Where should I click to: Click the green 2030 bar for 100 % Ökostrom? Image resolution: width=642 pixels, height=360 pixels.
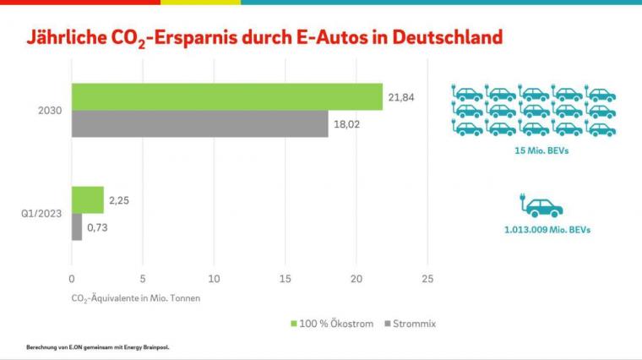click(226, 97)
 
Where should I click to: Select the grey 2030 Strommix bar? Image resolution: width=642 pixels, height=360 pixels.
click(199, 124)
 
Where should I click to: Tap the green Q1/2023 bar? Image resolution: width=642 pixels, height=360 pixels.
click(88, 200)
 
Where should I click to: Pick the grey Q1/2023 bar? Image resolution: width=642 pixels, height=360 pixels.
click(77, 226)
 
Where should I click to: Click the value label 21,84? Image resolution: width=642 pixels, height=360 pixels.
click(401, 98)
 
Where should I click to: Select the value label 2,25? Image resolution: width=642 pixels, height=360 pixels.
click(119, 200)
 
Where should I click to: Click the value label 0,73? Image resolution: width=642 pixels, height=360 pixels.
click(98, 227)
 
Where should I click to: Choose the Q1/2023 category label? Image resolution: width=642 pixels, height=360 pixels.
click(41, 213)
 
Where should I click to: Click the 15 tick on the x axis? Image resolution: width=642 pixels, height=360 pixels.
click(286, 277)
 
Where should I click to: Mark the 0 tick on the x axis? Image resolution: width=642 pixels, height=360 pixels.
click(72, 277)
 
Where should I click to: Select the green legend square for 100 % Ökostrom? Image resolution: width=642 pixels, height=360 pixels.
click(293, 323)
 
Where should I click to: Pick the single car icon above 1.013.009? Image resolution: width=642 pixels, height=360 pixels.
click(541, 207)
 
